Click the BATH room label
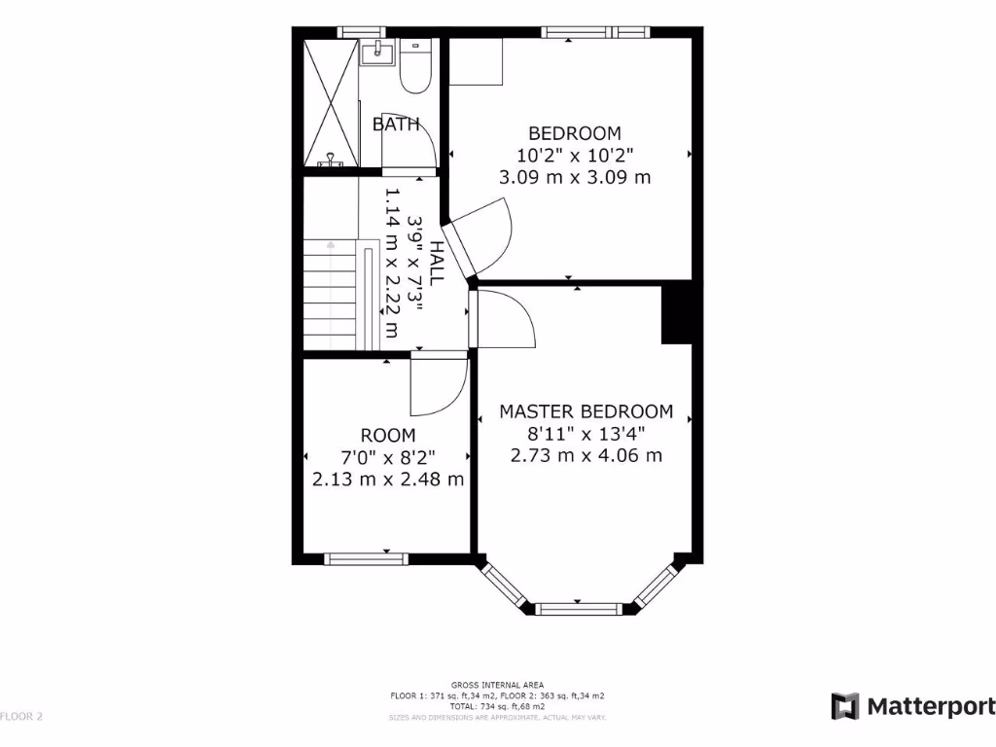coord(396,124)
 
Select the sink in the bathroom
coord(374,53)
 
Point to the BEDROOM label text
coord(574,133)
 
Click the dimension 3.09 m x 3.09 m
coord(574,178)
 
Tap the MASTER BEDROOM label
coord(586,411)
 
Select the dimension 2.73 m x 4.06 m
coord(586,455)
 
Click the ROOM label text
coord(388,436)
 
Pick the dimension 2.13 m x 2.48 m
coord(388,480)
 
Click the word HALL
coord(437,263)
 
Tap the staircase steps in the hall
coord(330,297)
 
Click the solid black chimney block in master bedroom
coord(677,313)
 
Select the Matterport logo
coord(913,706)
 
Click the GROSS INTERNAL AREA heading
coord(497,685)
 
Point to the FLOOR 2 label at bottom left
coord(21,717)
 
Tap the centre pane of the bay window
coord(579,610)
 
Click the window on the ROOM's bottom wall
coord(365,558)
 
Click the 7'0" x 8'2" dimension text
coord(388,457)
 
